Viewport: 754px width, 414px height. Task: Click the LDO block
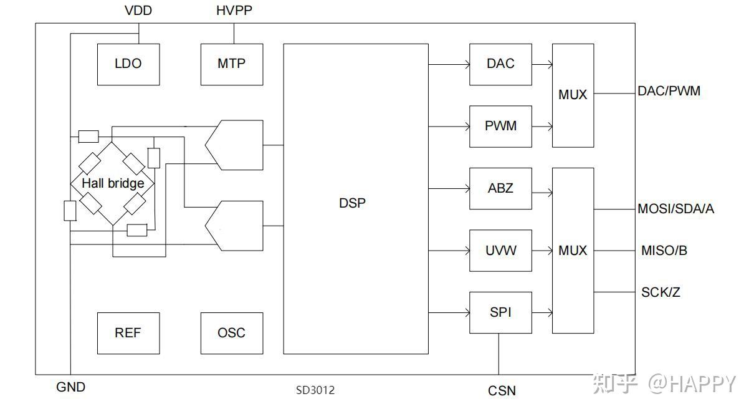(128, 64)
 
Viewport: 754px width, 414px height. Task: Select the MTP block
(232, 64)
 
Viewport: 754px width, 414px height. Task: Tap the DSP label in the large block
(352, 203)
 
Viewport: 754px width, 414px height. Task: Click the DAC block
(500, 64)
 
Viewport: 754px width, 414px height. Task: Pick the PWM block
(500, 127)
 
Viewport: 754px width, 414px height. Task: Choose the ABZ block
(500, 189)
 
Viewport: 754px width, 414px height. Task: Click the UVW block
(500, 251)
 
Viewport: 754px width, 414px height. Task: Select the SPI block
(500, 312)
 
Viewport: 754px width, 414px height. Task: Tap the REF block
(128, 333)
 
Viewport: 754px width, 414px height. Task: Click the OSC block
(232, 333)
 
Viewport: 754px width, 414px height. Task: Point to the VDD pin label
(138, 11)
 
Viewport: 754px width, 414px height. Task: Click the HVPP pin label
(234, 11)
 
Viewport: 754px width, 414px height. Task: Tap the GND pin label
(70, 387)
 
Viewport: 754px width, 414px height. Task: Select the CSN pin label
(502, 391)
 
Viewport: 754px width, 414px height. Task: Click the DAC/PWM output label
(669, 91)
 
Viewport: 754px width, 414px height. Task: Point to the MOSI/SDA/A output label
(675, 209)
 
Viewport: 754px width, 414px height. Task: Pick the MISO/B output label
(664, 251)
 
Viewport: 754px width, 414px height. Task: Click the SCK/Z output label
(661, 292)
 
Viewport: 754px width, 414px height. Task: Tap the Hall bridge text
(113, 183)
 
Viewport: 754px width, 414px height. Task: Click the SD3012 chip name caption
(315, 390)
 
